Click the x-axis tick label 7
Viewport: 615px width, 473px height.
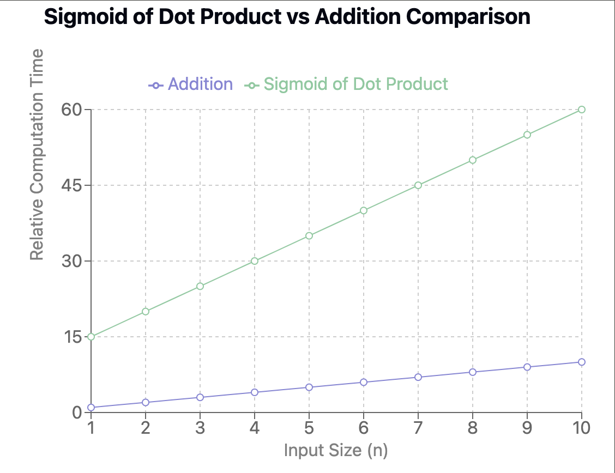point(418,428)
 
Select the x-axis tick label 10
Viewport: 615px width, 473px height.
point(582,428)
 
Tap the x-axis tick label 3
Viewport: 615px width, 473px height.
point(200,428)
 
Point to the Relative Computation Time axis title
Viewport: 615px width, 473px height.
point(37,155)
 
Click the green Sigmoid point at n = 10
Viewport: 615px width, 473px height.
point(582,110)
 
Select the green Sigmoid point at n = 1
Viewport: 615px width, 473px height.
point(91,337)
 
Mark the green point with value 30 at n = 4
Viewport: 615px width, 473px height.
point(255,261)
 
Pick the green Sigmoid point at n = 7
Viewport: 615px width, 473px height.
point(418,185)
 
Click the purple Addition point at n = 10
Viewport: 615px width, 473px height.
point(582,362)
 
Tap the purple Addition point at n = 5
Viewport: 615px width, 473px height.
point(309,387)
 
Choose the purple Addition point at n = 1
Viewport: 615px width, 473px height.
point(91,408)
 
